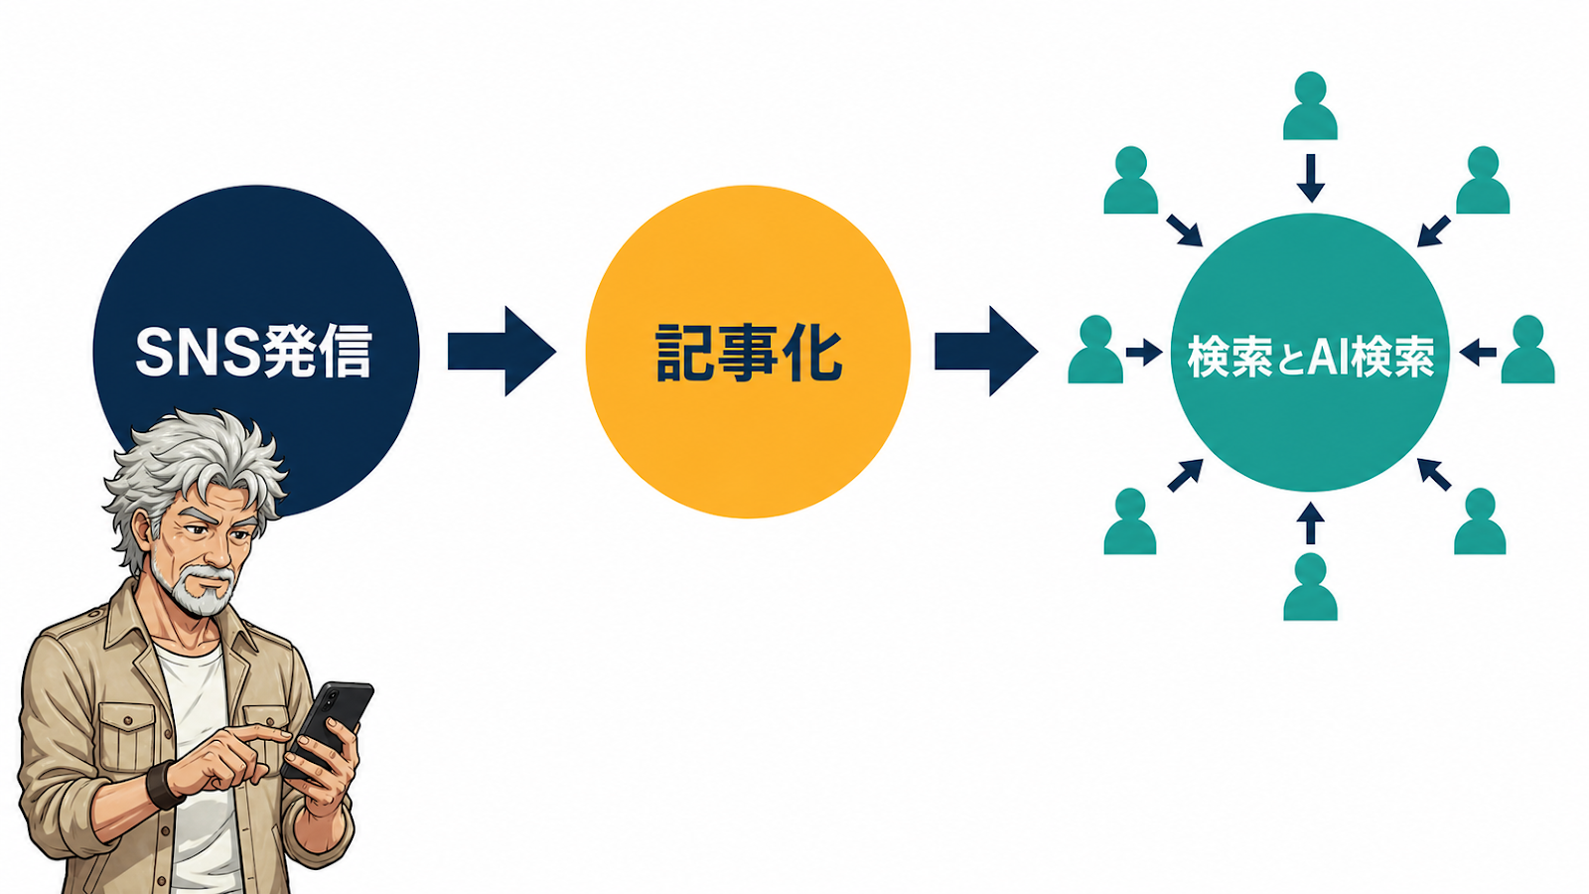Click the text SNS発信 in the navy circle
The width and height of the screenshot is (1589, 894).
[253, 352]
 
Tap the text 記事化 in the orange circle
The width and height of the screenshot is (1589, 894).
[749, 353]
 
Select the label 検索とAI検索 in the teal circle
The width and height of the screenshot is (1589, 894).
[1311, 355]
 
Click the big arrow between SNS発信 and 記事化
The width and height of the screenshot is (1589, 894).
[502, 352]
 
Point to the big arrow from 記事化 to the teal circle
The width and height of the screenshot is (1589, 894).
[986, 352]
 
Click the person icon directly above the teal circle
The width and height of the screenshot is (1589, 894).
[1310, 105]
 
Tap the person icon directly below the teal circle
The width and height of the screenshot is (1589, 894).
[1310, 587]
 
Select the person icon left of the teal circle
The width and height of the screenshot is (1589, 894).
[1095, 349]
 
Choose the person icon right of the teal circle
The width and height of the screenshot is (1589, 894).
[1528, 349]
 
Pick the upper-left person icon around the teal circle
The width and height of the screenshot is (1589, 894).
[1131, 180]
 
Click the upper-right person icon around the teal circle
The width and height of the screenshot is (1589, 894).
[1483, 180]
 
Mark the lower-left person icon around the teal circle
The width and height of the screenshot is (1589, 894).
[1130, 521]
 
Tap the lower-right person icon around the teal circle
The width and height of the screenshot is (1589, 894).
[1480, 521]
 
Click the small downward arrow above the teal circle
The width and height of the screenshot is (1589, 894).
[1310, 178]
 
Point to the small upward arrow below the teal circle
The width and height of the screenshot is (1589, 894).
[1310, 523]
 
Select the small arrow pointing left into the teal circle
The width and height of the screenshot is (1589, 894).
[1478, 352]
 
